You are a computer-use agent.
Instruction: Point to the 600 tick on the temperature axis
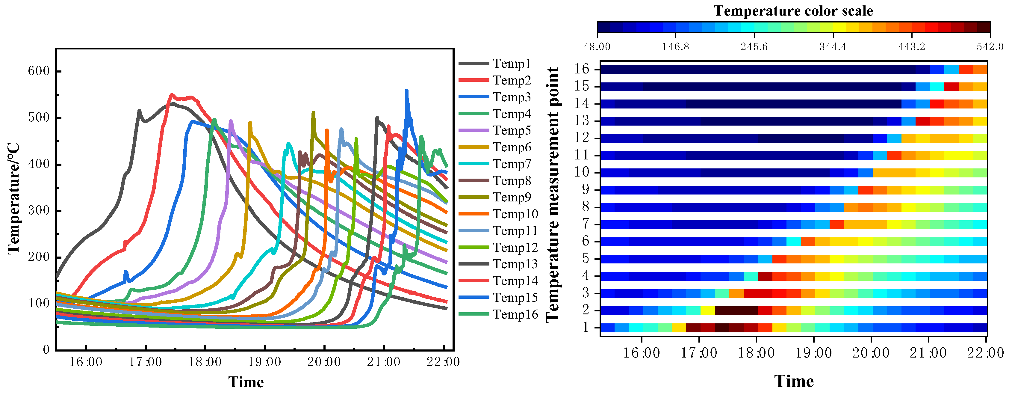point(39,71)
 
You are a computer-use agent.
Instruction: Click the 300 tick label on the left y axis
point(39,211)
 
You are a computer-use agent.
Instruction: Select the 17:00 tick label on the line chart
point(145,362)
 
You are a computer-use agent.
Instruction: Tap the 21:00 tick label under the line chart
point(383,362)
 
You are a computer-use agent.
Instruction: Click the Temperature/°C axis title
point(13,198)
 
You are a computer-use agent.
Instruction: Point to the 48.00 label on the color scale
point(597,47)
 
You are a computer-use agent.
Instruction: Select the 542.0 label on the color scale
point(990,47)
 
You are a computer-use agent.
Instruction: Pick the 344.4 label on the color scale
point(833,47)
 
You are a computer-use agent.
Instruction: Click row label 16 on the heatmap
point(582,70)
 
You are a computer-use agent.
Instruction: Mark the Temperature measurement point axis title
point(553,195)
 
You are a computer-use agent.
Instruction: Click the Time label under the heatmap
point(794,382)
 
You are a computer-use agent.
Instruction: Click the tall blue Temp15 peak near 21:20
point(407,91)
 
